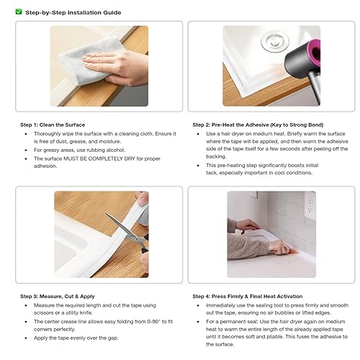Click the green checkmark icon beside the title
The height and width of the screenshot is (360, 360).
pyautogui.click(x=19, y=12)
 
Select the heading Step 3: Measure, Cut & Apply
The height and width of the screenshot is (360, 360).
pyautogui.click(x=58, y=296)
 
